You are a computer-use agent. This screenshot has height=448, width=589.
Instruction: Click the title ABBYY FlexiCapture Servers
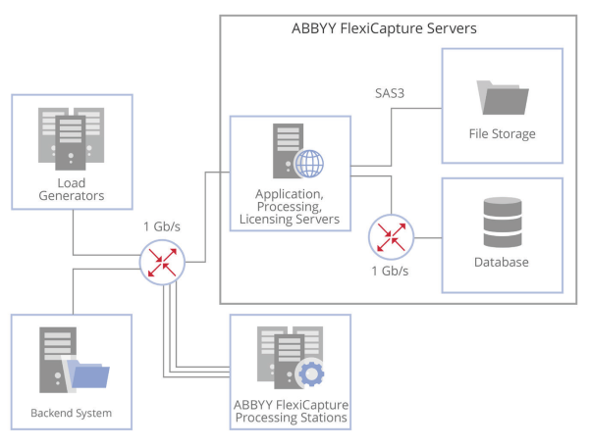[x=384, y=28]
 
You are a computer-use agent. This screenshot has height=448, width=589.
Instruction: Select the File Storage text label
[x=503, y=134]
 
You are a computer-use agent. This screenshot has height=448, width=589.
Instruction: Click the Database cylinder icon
[x=503, y=223]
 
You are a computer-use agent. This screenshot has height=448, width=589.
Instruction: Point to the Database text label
[x=503, y=262]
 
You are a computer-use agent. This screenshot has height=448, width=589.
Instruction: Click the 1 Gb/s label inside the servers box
[x=391, y=271]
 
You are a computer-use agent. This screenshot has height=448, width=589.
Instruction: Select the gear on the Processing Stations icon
[x=310, y=373]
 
